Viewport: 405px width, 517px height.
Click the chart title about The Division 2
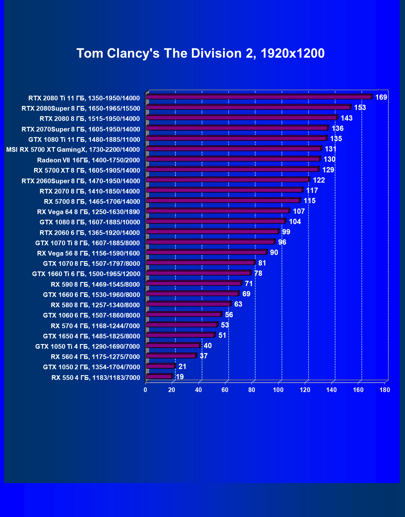pyautogui.click(x=200, y=53)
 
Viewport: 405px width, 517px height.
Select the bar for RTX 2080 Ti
pyautogui.click(x=259, y=97)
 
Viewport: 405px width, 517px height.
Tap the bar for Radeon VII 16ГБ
pyautogui.click(x=233, y=159)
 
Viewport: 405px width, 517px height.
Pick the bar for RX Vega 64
pyautogui.click(x=217, y=211)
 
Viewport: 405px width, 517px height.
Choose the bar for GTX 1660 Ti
pyautogui.click(x=198, y=273)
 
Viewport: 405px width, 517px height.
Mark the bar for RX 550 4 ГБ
pyautogui.click(x=159, y=376)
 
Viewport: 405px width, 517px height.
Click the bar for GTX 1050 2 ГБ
pyautogui.click(x=160, y=366)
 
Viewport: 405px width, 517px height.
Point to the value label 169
pyautogui.click(x=381, y=97)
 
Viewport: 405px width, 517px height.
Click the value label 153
pyautogui.click(x=360, y=108)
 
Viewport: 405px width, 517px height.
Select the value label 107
pyautogui.click(x=299, y=211)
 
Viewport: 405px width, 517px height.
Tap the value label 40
pyautogui.click(x=207, y=346)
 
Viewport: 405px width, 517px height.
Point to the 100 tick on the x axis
pyautogui.click(x=278, y=390)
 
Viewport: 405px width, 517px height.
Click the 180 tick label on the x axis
pyautogui.click(x=385, y=390)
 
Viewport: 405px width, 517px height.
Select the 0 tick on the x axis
pyautogui.click(x=145, y=390)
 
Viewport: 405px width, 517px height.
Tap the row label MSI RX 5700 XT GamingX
pyautogui.click(x=73, y=150)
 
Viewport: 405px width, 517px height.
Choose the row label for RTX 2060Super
pyautogui.click(x=81, y=181)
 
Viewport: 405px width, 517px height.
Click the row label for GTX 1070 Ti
pyautogui.click(x=88, y=243)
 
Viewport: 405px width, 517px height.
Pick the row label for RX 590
pyautogui.click(x=95, y=284)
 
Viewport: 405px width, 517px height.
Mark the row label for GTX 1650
pyautogui.click(x=91, y=336)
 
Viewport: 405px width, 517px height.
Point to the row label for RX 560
pyautogui.click(x=95, y=357)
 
